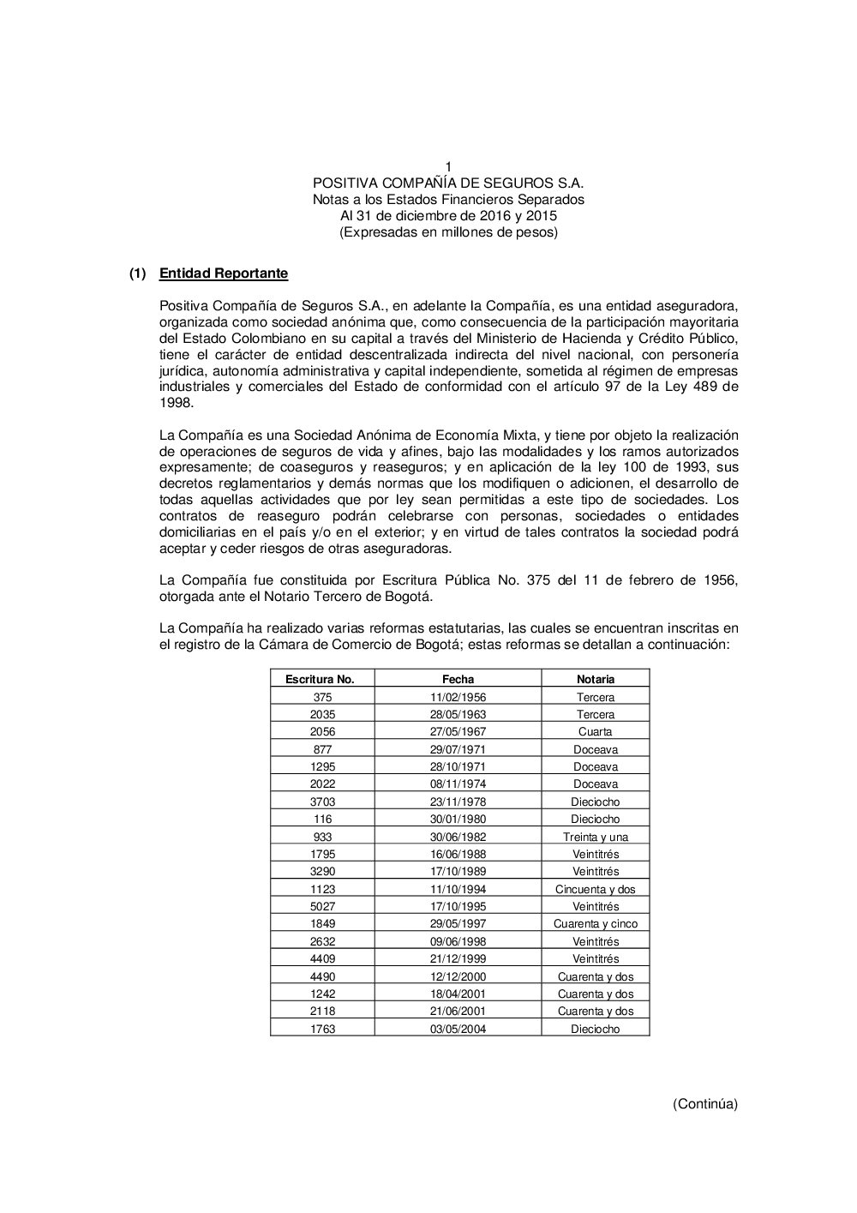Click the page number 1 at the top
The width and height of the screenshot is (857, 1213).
point(448,166)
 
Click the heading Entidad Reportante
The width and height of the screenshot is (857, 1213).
point(224,273)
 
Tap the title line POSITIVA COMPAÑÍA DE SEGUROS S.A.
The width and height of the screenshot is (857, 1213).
point(448,183)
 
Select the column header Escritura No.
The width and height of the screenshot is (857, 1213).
point(320,679)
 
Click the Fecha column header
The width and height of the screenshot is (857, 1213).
point(458,679)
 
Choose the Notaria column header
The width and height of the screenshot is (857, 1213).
point(595,679)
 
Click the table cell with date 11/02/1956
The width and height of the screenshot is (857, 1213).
point(458,697)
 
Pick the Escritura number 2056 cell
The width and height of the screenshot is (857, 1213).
point(322,732)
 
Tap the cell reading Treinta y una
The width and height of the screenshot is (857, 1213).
point(595,837)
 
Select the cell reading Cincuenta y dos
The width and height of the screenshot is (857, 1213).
point(595,889)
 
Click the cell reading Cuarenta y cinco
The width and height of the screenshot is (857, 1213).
point(595,924)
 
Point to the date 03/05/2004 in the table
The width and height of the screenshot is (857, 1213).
point(458,1029)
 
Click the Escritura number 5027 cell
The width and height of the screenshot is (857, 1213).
point(322,906)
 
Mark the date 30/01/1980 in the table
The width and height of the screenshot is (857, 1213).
point(458,820)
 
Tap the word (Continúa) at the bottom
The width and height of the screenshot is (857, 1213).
point(704,1104)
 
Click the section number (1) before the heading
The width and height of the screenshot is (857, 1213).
point(138,273)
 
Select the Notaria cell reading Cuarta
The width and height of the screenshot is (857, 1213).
point(595,732)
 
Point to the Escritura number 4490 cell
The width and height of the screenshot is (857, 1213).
point(322,976)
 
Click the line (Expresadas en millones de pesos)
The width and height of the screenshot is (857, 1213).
point(448,232)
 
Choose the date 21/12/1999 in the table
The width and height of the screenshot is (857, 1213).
point(458,959)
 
